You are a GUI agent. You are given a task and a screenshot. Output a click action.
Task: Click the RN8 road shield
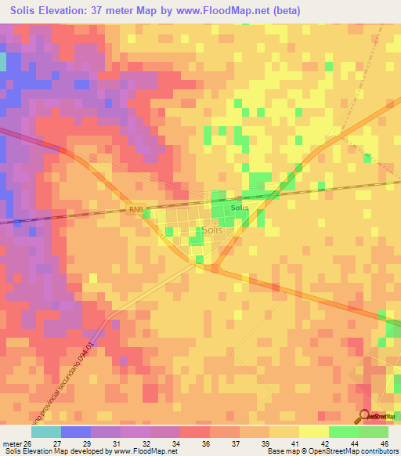[x=135, y=208]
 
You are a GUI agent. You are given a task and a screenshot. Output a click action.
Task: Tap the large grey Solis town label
[x=212, y=230]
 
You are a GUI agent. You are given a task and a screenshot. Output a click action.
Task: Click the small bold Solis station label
[x=240, y=208]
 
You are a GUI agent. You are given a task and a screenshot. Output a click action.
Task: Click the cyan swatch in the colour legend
[x=45, y=432]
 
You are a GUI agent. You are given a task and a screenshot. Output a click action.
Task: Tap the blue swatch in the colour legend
[x=75, y=432]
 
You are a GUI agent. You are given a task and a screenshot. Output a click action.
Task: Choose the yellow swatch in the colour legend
[x=313, y=432]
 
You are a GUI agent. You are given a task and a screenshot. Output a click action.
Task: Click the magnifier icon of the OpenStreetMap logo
[x=363, y=417]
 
